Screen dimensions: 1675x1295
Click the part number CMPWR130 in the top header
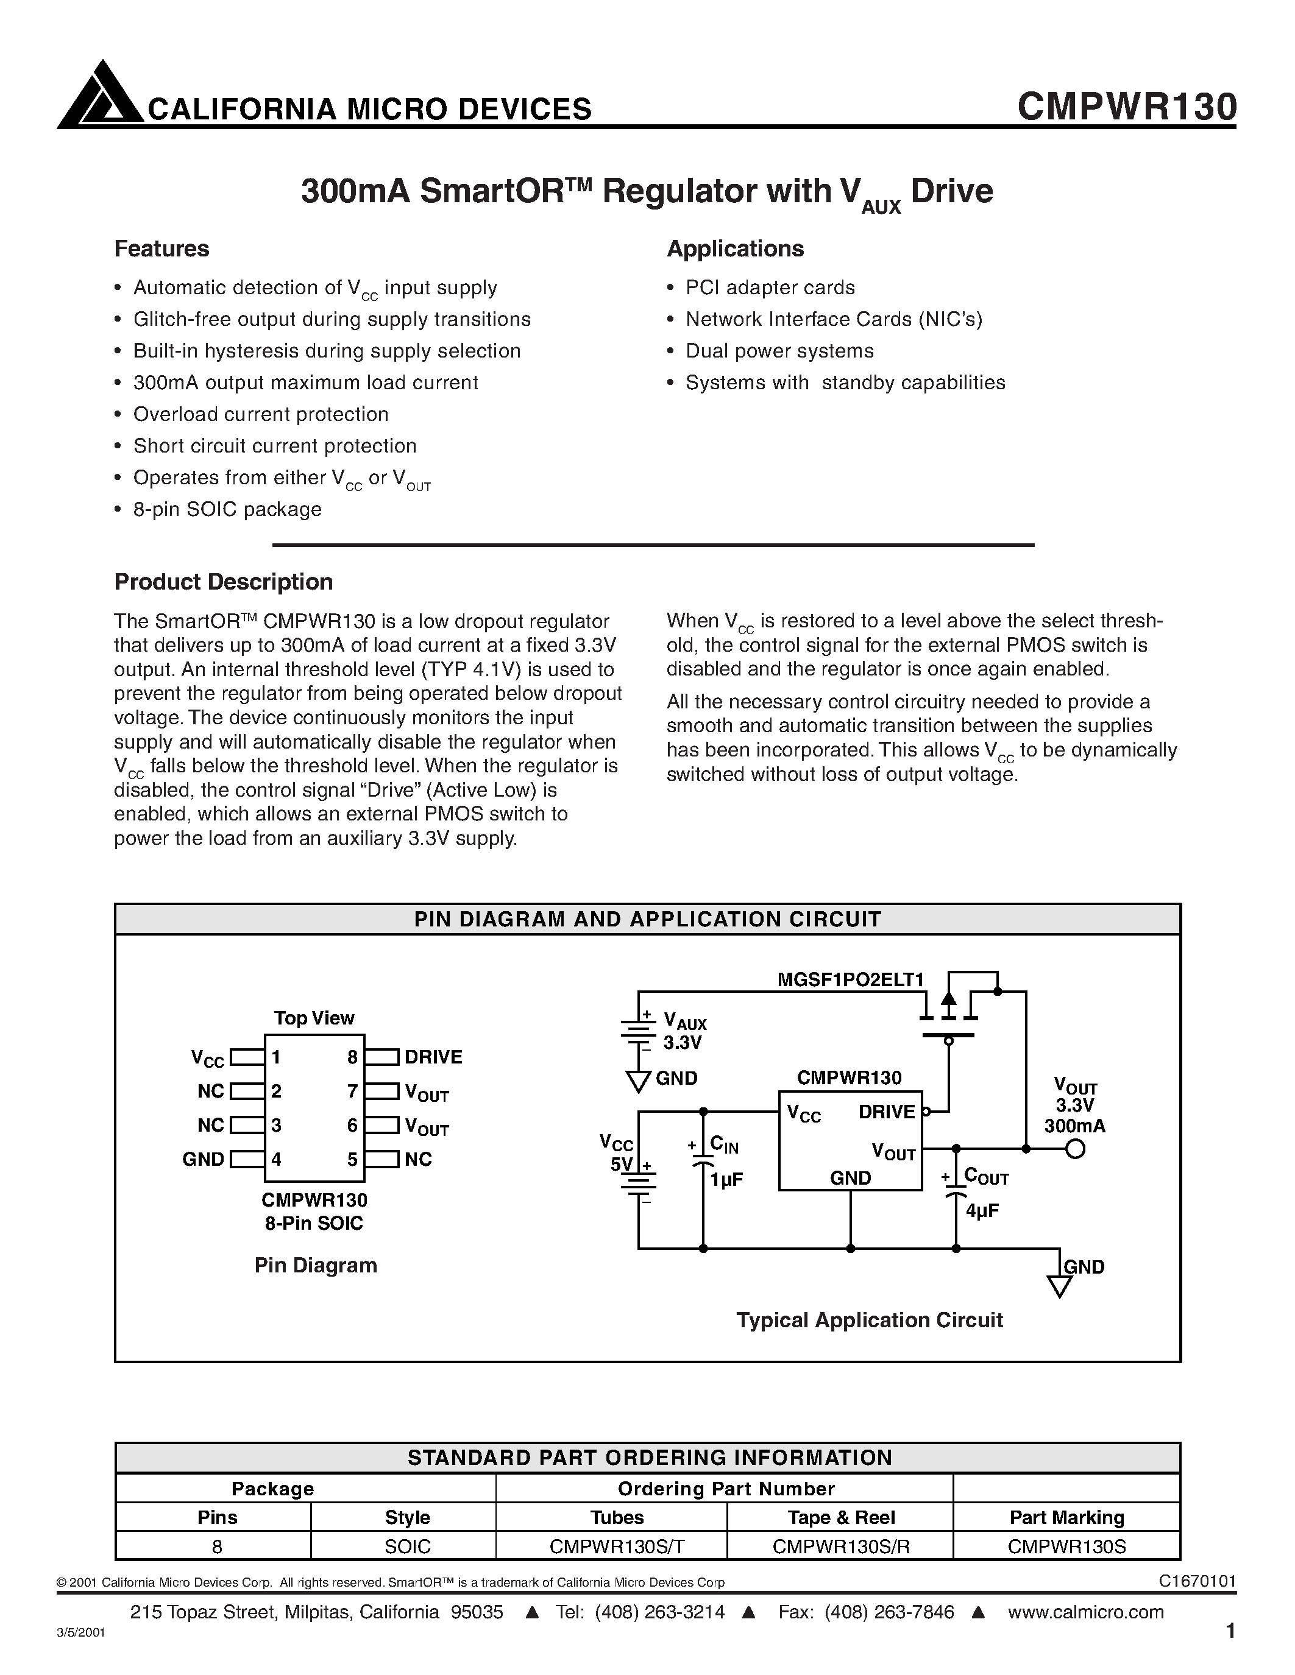pyautogui.click(x=1126, y=107)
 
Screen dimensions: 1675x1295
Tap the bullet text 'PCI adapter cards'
pyautogui.click(x=770, y=287)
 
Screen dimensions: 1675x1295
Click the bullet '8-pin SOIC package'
pyautogui.click(x=227, y=509)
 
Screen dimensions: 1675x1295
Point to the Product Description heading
pyautogui.click(x=223, y=582)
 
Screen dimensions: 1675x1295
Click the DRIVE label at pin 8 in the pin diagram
pyautogui.click(x=433, y=1057)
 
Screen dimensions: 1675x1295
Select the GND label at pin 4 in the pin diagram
pyautogui.click(x=202, y=1159)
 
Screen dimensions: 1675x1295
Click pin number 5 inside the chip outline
pyautogui.click(x=352, y=1159)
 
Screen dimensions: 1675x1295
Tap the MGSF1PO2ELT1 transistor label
pyautogui.click(x=850, y=979)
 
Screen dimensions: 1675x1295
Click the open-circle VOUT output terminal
pyautogui.click(x=1076, y=1149)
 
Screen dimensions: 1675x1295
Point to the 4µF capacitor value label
pyautogui.click(x=983, y=1211)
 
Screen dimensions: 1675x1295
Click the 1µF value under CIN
pyautogui.click(x=726, y=1180)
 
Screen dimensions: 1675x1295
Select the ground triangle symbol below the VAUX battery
pyautogui.click(x=638, y=1081)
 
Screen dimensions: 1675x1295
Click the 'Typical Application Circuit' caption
pyautogui.click(x=869, y=1320)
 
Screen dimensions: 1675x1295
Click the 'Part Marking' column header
pyautogui.click(x=1066, y=1517)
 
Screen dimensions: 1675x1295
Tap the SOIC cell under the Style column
pyautogui.click(x=407, y=1546)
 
